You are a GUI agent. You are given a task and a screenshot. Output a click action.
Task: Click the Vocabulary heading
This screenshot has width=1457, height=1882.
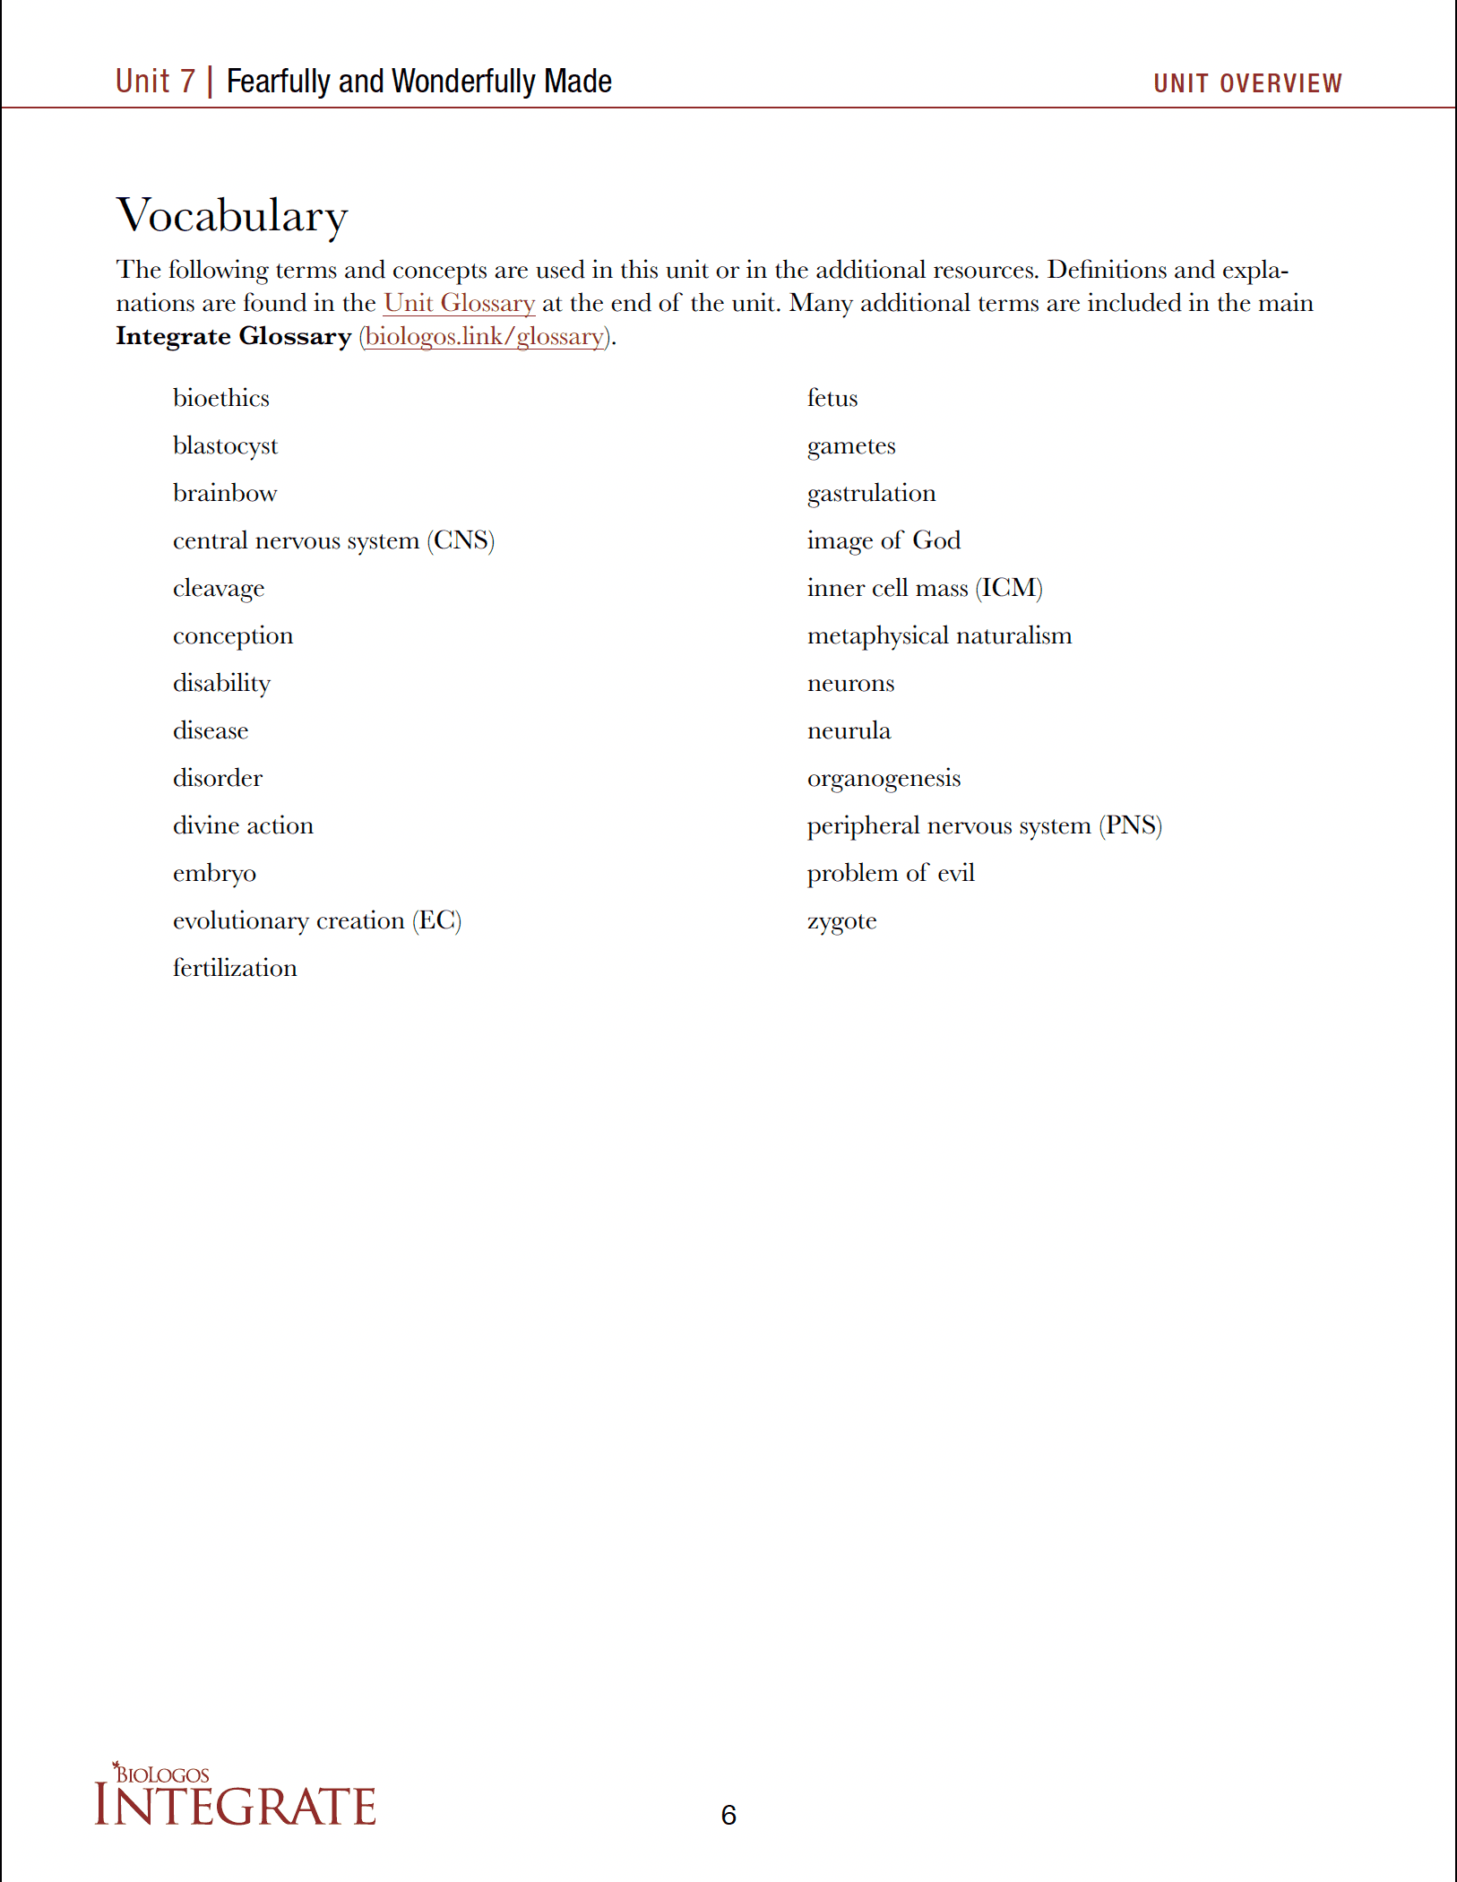232,216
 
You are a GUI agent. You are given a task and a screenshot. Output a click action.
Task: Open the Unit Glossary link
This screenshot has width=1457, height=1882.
459,303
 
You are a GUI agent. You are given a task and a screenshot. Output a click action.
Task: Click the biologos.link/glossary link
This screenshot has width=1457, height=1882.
485,336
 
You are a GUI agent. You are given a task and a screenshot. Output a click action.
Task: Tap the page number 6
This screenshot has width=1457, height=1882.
728,1815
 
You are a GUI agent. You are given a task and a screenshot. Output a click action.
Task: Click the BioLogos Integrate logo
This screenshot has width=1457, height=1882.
235,1796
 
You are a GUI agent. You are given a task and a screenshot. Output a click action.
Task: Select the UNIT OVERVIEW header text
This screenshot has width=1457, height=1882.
1247,83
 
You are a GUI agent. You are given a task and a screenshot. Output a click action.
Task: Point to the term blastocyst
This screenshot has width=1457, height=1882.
225,445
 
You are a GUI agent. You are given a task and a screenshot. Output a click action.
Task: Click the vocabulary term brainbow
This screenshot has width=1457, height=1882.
225,493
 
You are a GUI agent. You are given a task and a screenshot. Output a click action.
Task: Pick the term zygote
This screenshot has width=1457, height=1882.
841,921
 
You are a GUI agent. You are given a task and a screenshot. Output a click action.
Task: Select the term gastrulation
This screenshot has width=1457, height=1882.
871,493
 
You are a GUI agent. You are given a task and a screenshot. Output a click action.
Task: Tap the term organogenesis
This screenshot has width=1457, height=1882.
884,778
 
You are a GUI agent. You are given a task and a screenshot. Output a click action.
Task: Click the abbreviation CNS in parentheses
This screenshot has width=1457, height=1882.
461,540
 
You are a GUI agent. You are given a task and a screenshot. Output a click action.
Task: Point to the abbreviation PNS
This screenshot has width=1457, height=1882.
1131,825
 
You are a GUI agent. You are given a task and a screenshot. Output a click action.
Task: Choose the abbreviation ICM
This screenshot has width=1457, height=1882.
1009,588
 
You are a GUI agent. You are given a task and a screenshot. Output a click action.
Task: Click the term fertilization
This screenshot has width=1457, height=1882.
235,968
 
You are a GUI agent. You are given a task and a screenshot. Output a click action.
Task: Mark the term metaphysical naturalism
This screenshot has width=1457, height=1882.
939,635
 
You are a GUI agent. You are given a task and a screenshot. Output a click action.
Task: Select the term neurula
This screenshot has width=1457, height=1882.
849,730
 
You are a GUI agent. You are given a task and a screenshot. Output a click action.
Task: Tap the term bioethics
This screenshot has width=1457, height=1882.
221,398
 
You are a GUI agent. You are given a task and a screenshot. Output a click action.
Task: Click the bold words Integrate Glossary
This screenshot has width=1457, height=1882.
233,336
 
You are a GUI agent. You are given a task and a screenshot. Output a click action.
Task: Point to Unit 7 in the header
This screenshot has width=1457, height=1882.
155,82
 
